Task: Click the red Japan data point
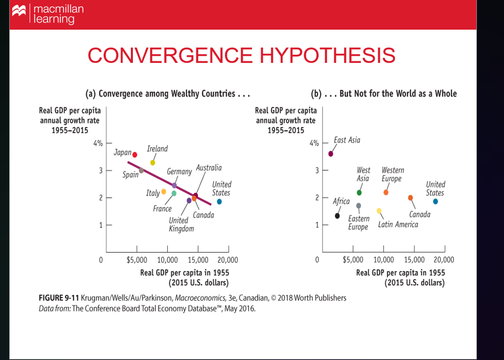pos(134,154)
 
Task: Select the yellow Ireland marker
pos(152,163)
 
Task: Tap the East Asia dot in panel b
pos(331,153)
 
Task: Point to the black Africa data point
pos(337,216)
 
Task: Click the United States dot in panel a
pos(219,201)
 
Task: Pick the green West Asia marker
pos(359,193)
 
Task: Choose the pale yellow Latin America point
pos(379,211)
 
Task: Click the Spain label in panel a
pos(130,175)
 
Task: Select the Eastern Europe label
pos(358,222)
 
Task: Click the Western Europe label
pos(393,174)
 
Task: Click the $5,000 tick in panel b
pos(353,260)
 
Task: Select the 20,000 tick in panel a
pos(227,260)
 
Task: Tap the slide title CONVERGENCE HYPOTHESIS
pos(241,55)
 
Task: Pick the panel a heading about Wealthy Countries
pos(168,94)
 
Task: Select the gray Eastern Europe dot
pos(358,206)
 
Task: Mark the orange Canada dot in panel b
pos(410,198)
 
